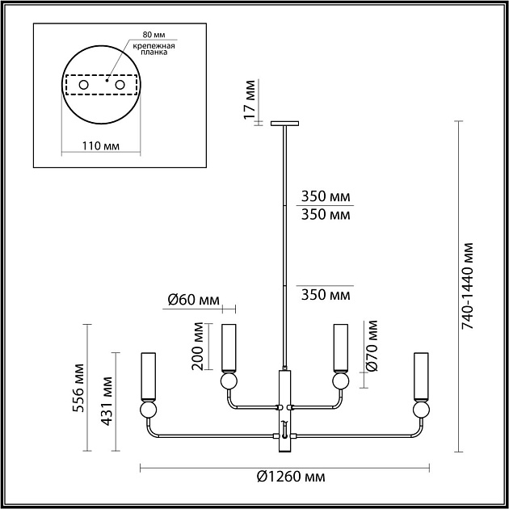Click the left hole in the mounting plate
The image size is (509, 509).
tap(83, 85)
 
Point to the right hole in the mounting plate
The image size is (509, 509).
tap(120, 85)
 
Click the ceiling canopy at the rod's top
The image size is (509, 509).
tap(284, 124)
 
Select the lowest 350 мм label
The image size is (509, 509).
tap(326, 294)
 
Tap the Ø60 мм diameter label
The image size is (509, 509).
tap(194, 300)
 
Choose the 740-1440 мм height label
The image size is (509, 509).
tap(473, 287)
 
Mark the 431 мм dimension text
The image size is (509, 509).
tap(103, 402)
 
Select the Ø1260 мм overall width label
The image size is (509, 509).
tap(286, 476)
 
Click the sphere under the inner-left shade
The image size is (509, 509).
tap(228, 381)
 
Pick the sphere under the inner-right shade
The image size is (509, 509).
tap(340, 381)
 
